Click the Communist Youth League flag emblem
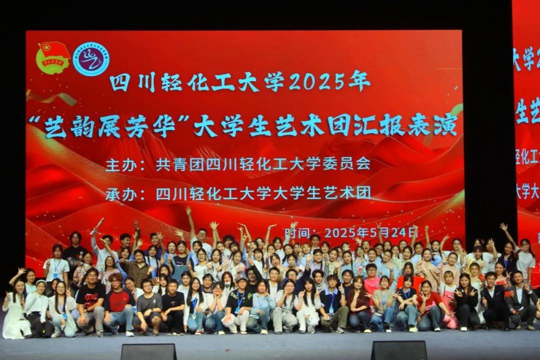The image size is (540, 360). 53,58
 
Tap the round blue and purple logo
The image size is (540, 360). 91,59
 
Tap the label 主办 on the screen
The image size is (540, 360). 120,164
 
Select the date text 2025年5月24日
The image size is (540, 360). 371,232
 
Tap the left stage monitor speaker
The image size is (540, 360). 148,351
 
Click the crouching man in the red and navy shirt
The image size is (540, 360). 118,305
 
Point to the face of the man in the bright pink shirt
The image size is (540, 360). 371,271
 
